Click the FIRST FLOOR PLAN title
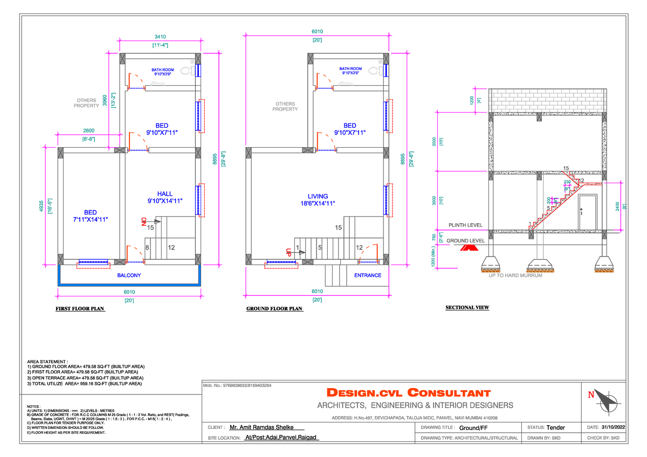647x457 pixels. point(81,309)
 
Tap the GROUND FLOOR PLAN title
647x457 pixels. point(274,309)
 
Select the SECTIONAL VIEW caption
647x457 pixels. point(467,308)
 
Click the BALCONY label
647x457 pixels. point(129,275)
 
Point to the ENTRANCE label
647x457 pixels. point(368,275)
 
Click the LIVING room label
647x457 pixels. point(318,196)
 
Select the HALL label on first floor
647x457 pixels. point(165,193)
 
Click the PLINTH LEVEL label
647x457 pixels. point(465,225)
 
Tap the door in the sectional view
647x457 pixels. point(587,212)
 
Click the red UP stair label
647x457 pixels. point(289,251)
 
